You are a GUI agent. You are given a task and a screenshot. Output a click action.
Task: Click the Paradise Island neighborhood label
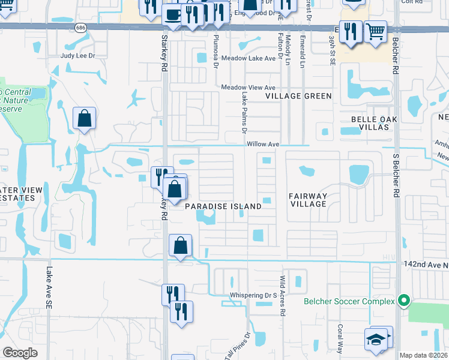pyautogui.click(x=223, y=206)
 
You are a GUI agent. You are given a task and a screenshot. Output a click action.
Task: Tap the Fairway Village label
pyautogui.click(x=307, y=200)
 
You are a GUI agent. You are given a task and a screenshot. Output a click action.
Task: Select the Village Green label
pyautogui.click(x=299, y=96)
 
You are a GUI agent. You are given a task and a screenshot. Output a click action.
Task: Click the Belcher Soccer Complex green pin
pyautogui.click(x=404, y=301)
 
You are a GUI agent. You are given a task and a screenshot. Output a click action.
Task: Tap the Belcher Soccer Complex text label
pyautogui.click(x=349, y=301)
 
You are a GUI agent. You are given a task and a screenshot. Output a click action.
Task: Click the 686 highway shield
pyautogui.click(x=80, y=28)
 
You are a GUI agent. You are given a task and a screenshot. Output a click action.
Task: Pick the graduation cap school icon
pyautogui.click(x=377, y=338)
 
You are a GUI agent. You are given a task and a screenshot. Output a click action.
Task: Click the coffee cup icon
pyautogui.click(x=173, y=14)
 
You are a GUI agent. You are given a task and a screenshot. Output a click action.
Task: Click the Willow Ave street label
pyautogui.click(x=264, y=145)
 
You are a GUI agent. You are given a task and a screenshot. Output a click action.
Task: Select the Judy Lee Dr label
pyautogui.click(x=77, y=56)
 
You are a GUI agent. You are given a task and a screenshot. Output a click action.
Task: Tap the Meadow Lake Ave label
pyautogui.click(x=248, y=58)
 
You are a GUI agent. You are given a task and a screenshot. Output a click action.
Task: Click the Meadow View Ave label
pyautogui.click(x=248, y=88)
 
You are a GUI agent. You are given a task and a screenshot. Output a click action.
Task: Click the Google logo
pyautogui.click(x=20, y=353)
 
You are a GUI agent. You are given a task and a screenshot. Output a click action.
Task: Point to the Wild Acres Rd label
pyautogui.click(x=282, y=295)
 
